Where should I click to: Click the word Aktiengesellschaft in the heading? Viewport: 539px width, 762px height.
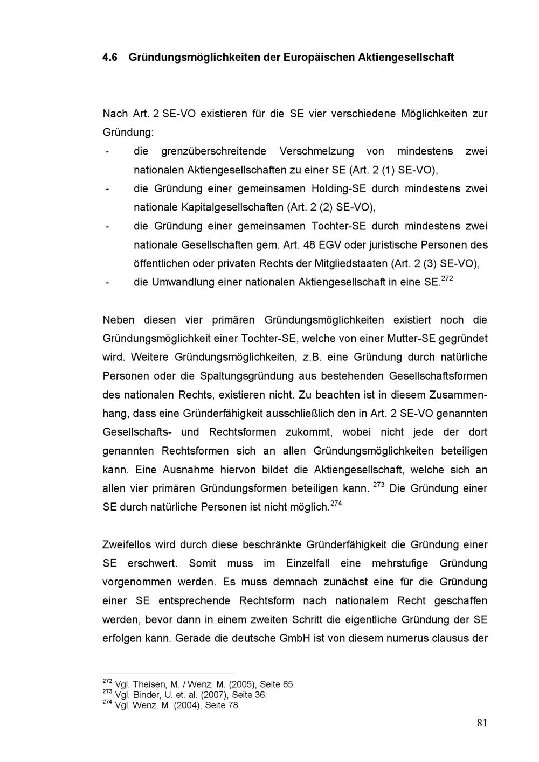(406, 57)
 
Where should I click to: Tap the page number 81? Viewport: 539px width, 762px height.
(482, 723)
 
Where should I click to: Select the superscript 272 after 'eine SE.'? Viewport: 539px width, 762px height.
(447, 278)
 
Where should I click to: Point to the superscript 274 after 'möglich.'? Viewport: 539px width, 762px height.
(336, 504)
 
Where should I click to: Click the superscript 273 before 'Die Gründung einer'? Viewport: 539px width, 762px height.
(378, 485)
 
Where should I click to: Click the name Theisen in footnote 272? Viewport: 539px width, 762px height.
(150, 684)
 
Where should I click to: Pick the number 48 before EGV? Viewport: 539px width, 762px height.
(309, 245)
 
